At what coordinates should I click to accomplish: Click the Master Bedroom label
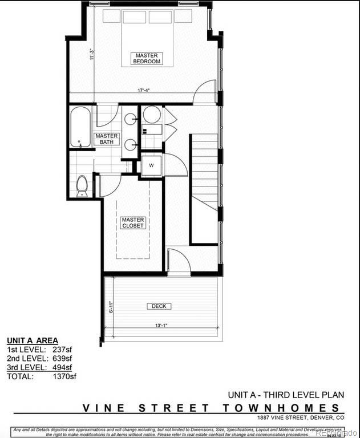coord(147,58)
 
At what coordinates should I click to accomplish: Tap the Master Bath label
coord(107,139)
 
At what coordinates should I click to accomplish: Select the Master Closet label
coord(133,222)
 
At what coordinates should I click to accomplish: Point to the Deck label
coord(159,306)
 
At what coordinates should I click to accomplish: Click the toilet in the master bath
coord(82,185)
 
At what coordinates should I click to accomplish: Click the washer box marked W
coord(151,165)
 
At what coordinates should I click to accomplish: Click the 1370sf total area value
coord(64,376)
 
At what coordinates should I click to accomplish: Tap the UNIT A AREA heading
coord(32,340)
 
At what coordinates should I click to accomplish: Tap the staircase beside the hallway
coord(204,171)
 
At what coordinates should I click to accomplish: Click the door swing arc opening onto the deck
coord(179,261)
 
